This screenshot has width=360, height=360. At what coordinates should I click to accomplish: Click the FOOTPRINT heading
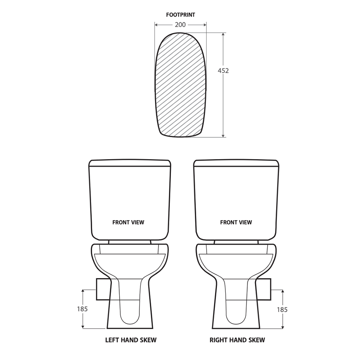tap(181, 15)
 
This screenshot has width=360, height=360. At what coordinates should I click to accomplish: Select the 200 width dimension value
tap(180, 25)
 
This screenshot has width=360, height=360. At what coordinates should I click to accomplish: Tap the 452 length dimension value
tap(223, 71)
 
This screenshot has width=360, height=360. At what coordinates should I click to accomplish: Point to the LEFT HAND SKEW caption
tap(131, 340)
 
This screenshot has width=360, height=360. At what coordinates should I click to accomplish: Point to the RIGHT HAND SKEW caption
tap(237, 340)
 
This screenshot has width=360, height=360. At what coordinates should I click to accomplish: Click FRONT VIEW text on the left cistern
tap(128, 222)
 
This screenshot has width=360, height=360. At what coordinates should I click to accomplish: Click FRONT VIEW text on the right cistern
tap(236, 222)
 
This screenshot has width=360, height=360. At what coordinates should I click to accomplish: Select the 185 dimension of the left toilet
tap(82, 309)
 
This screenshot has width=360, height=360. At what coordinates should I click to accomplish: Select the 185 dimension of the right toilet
tap(282, 309)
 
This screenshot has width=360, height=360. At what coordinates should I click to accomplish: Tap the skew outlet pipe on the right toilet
tap(263, 289)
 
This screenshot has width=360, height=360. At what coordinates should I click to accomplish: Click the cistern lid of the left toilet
tap(130, 163)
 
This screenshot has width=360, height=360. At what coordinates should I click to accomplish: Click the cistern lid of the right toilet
tap(236, 163)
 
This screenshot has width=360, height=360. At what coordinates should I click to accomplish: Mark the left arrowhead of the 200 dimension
tap(157, 25)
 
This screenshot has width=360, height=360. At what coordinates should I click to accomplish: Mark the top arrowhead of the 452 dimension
tap(224, 35)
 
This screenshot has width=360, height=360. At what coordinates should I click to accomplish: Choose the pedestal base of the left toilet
tap(130, 317)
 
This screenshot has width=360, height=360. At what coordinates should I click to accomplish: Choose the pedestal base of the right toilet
tap(236, 317)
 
